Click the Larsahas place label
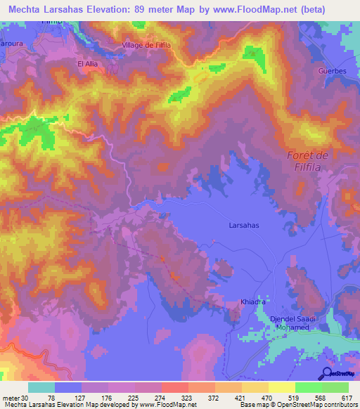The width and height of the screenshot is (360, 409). point(245,226)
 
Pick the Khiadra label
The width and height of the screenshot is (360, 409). point(252,301)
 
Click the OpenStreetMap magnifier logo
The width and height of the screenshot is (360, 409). point(326,372)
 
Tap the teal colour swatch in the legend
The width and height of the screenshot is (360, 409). point(41,387)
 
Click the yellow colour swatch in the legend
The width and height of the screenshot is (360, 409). point(282,387)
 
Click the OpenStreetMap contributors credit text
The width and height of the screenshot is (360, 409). point(315,405)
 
